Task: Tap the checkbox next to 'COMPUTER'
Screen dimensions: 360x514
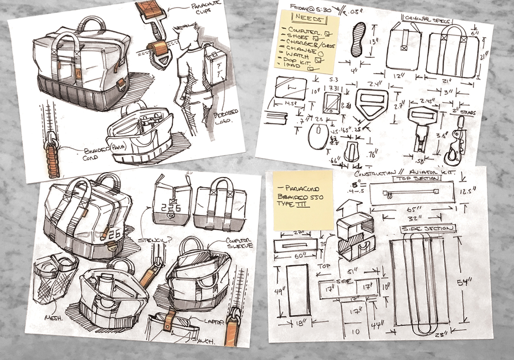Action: pyautogui.click(x=328, y=34)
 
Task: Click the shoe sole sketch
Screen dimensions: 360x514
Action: pyautogui.click(x=358, y=39)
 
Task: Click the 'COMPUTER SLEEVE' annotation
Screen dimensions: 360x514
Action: pyautogui.click(x=239, y=242)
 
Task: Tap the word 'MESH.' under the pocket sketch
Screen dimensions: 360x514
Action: pyautogui.click(x=54, y=318)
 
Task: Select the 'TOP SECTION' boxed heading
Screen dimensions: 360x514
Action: pyautogui.click(x=417, y=179)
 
